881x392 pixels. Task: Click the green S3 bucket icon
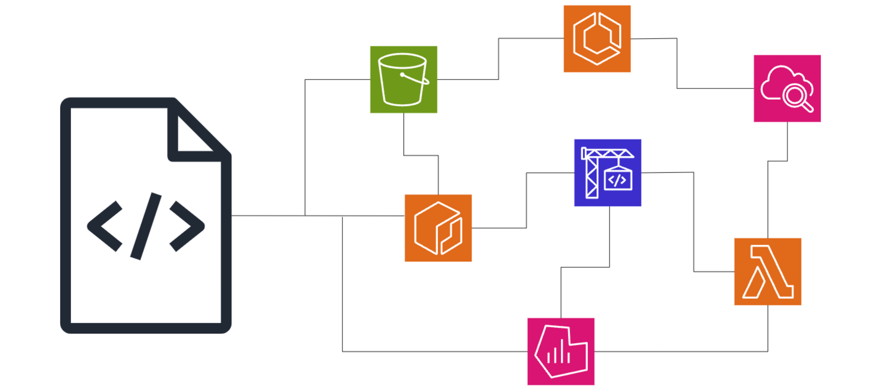403,79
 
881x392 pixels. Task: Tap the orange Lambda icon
767,272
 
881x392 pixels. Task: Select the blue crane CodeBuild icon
607,173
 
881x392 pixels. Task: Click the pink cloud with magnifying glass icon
787,88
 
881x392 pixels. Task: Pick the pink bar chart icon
561,351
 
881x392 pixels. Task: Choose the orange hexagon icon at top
597,39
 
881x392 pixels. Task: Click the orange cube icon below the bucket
438,228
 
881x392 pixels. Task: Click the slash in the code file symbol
146,226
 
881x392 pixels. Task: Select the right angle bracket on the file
188,226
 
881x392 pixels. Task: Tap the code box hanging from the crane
618,180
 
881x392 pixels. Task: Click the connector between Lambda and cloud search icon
768,198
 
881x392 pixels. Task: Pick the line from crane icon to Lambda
694,223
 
